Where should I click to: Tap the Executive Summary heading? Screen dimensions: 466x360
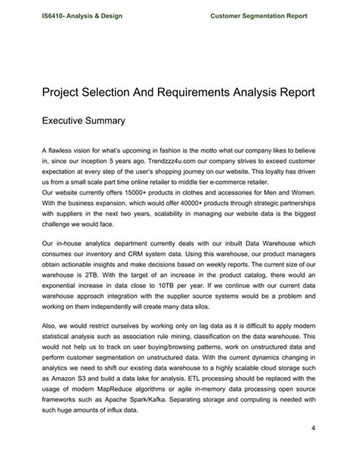pyautogui.click(x=84, y=120)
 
